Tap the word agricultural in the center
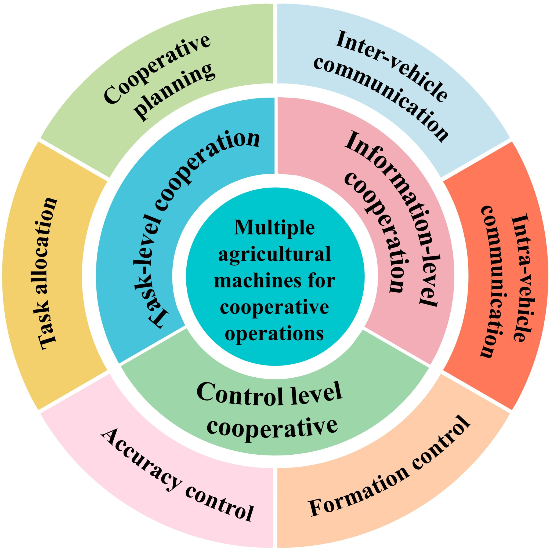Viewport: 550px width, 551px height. pos(274,254)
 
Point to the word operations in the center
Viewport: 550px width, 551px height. pos(274,333)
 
